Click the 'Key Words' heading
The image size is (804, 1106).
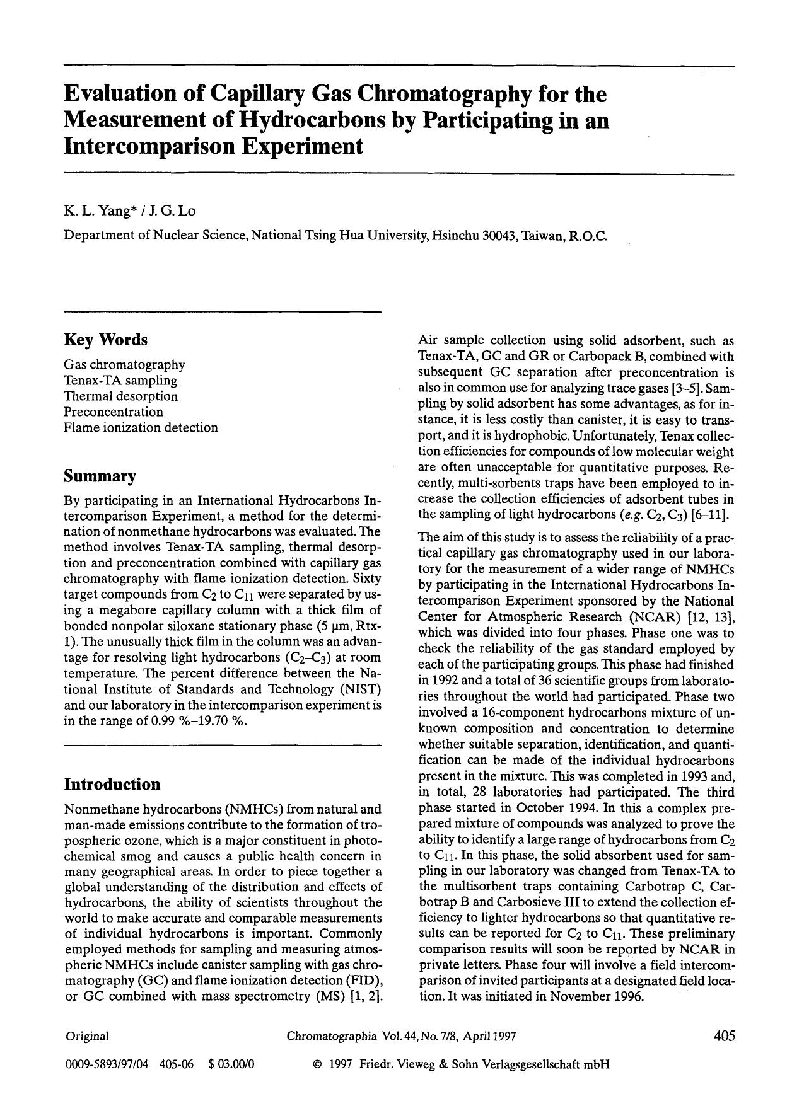[x=105, y=340]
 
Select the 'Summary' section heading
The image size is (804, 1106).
[x=100, y=476]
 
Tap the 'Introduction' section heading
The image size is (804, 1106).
[x=112, y=784]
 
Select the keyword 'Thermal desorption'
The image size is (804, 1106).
[x=120, y=396]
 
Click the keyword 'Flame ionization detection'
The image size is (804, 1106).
[x=141, y=427]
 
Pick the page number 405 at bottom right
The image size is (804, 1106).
[x=724, y=1035]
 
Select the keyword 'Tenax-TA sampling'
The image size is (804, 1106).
[x=120, y=380]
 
